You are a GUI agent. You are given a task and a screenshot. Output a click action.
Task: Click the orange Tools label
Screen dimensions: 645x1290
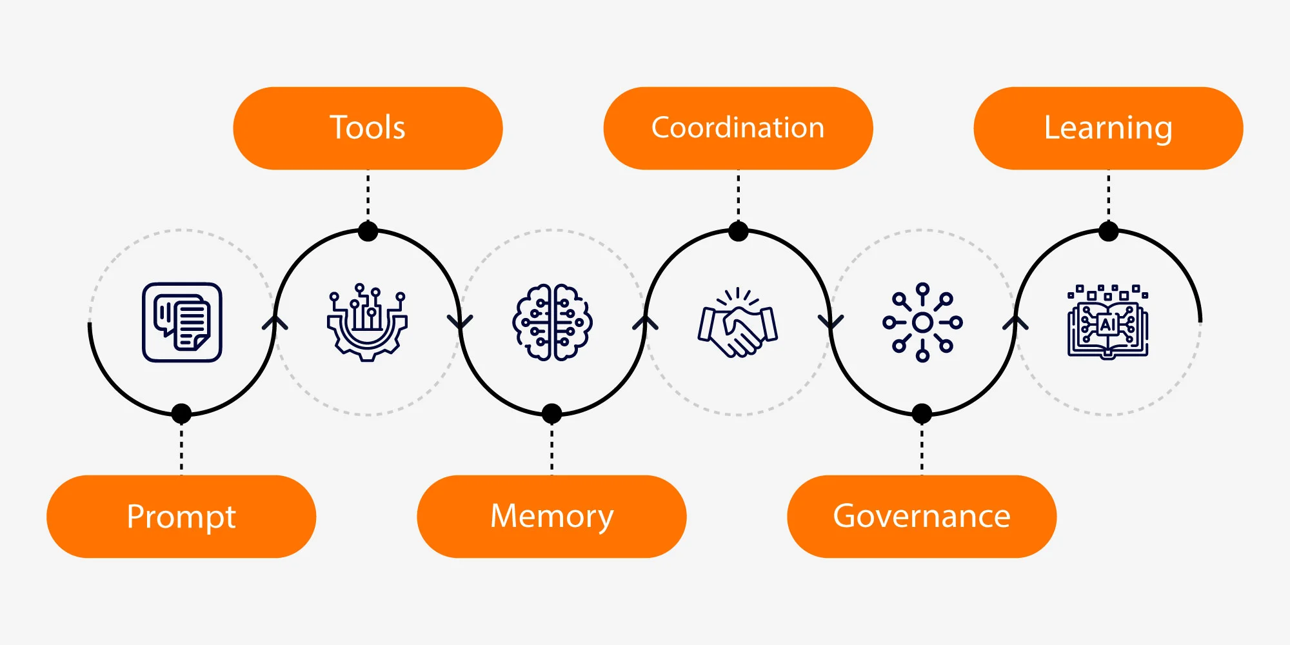click(x=368, y=128)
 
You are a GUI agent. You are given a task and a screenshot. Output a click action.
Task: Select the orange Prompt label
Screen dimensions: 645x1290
click(x=181, y=517)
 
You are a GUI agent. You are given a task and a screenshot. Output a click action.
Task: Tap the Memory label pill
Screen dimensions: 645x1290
click(x=551, y=517)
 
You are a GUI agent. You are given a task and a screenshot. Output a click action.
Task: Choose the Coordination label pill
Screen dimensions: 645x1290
click(x=738, y=128)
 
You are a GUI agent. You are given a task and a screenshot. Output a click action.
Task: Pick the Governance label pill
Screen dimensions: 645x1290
click(x=922, y=517)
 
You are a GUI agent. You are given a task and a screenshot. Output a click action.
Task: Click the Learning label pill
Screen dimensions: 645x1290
click(x=1108, y=128)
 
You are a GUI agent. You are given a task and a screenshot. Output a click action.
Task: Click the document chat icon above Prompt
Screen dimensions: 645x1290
click(x=182, y=322)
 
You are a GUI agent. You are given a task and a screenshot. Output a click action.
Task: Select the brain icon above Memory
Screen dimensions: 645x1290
click(x=552, y=322)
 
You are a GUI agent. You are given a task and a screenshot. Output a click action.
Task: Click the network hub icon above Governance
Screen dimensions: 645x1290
click(x=922, y=322)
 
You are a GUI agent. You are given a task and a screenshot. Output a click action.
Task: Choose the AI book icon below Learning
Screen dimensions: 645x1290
click(x=1107, y=322)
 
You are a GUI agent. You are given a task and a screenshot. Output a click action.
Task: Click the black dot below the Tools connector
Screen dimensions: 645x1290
click(x=368, y=232)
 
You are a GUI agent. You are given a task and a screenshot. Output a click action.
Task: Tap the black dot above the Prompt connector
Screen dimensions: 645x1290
click(x=182, y=413)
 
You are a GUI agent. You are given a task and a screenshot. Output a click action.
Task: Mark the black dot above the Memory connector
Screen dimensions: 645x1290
click(x=551, y=413)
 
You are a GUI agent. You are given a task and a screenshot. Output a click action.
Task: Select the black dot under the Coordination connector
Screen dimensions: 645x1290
click(x=738, y=232)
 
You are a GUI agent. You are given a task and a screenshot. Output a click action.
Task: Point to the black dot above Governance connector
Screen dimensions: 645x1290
click(x=922, y=413)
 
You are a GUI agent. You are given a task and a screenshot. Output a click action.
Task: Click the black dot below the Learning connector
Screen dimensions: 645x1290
click(x=1108, y=232)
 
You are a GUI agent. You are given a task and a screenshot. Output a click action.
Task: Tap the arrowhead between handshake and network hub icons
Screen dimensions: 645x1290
click(x=831, y=322)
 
